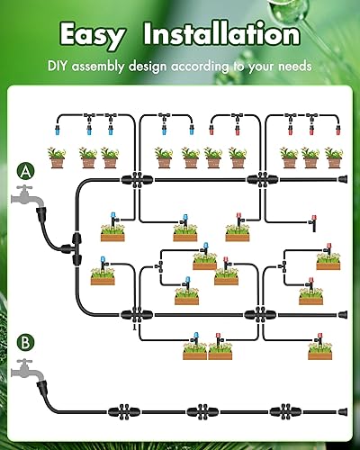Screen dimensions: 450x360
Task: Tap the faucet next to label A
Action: click(x=29, y=197)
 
